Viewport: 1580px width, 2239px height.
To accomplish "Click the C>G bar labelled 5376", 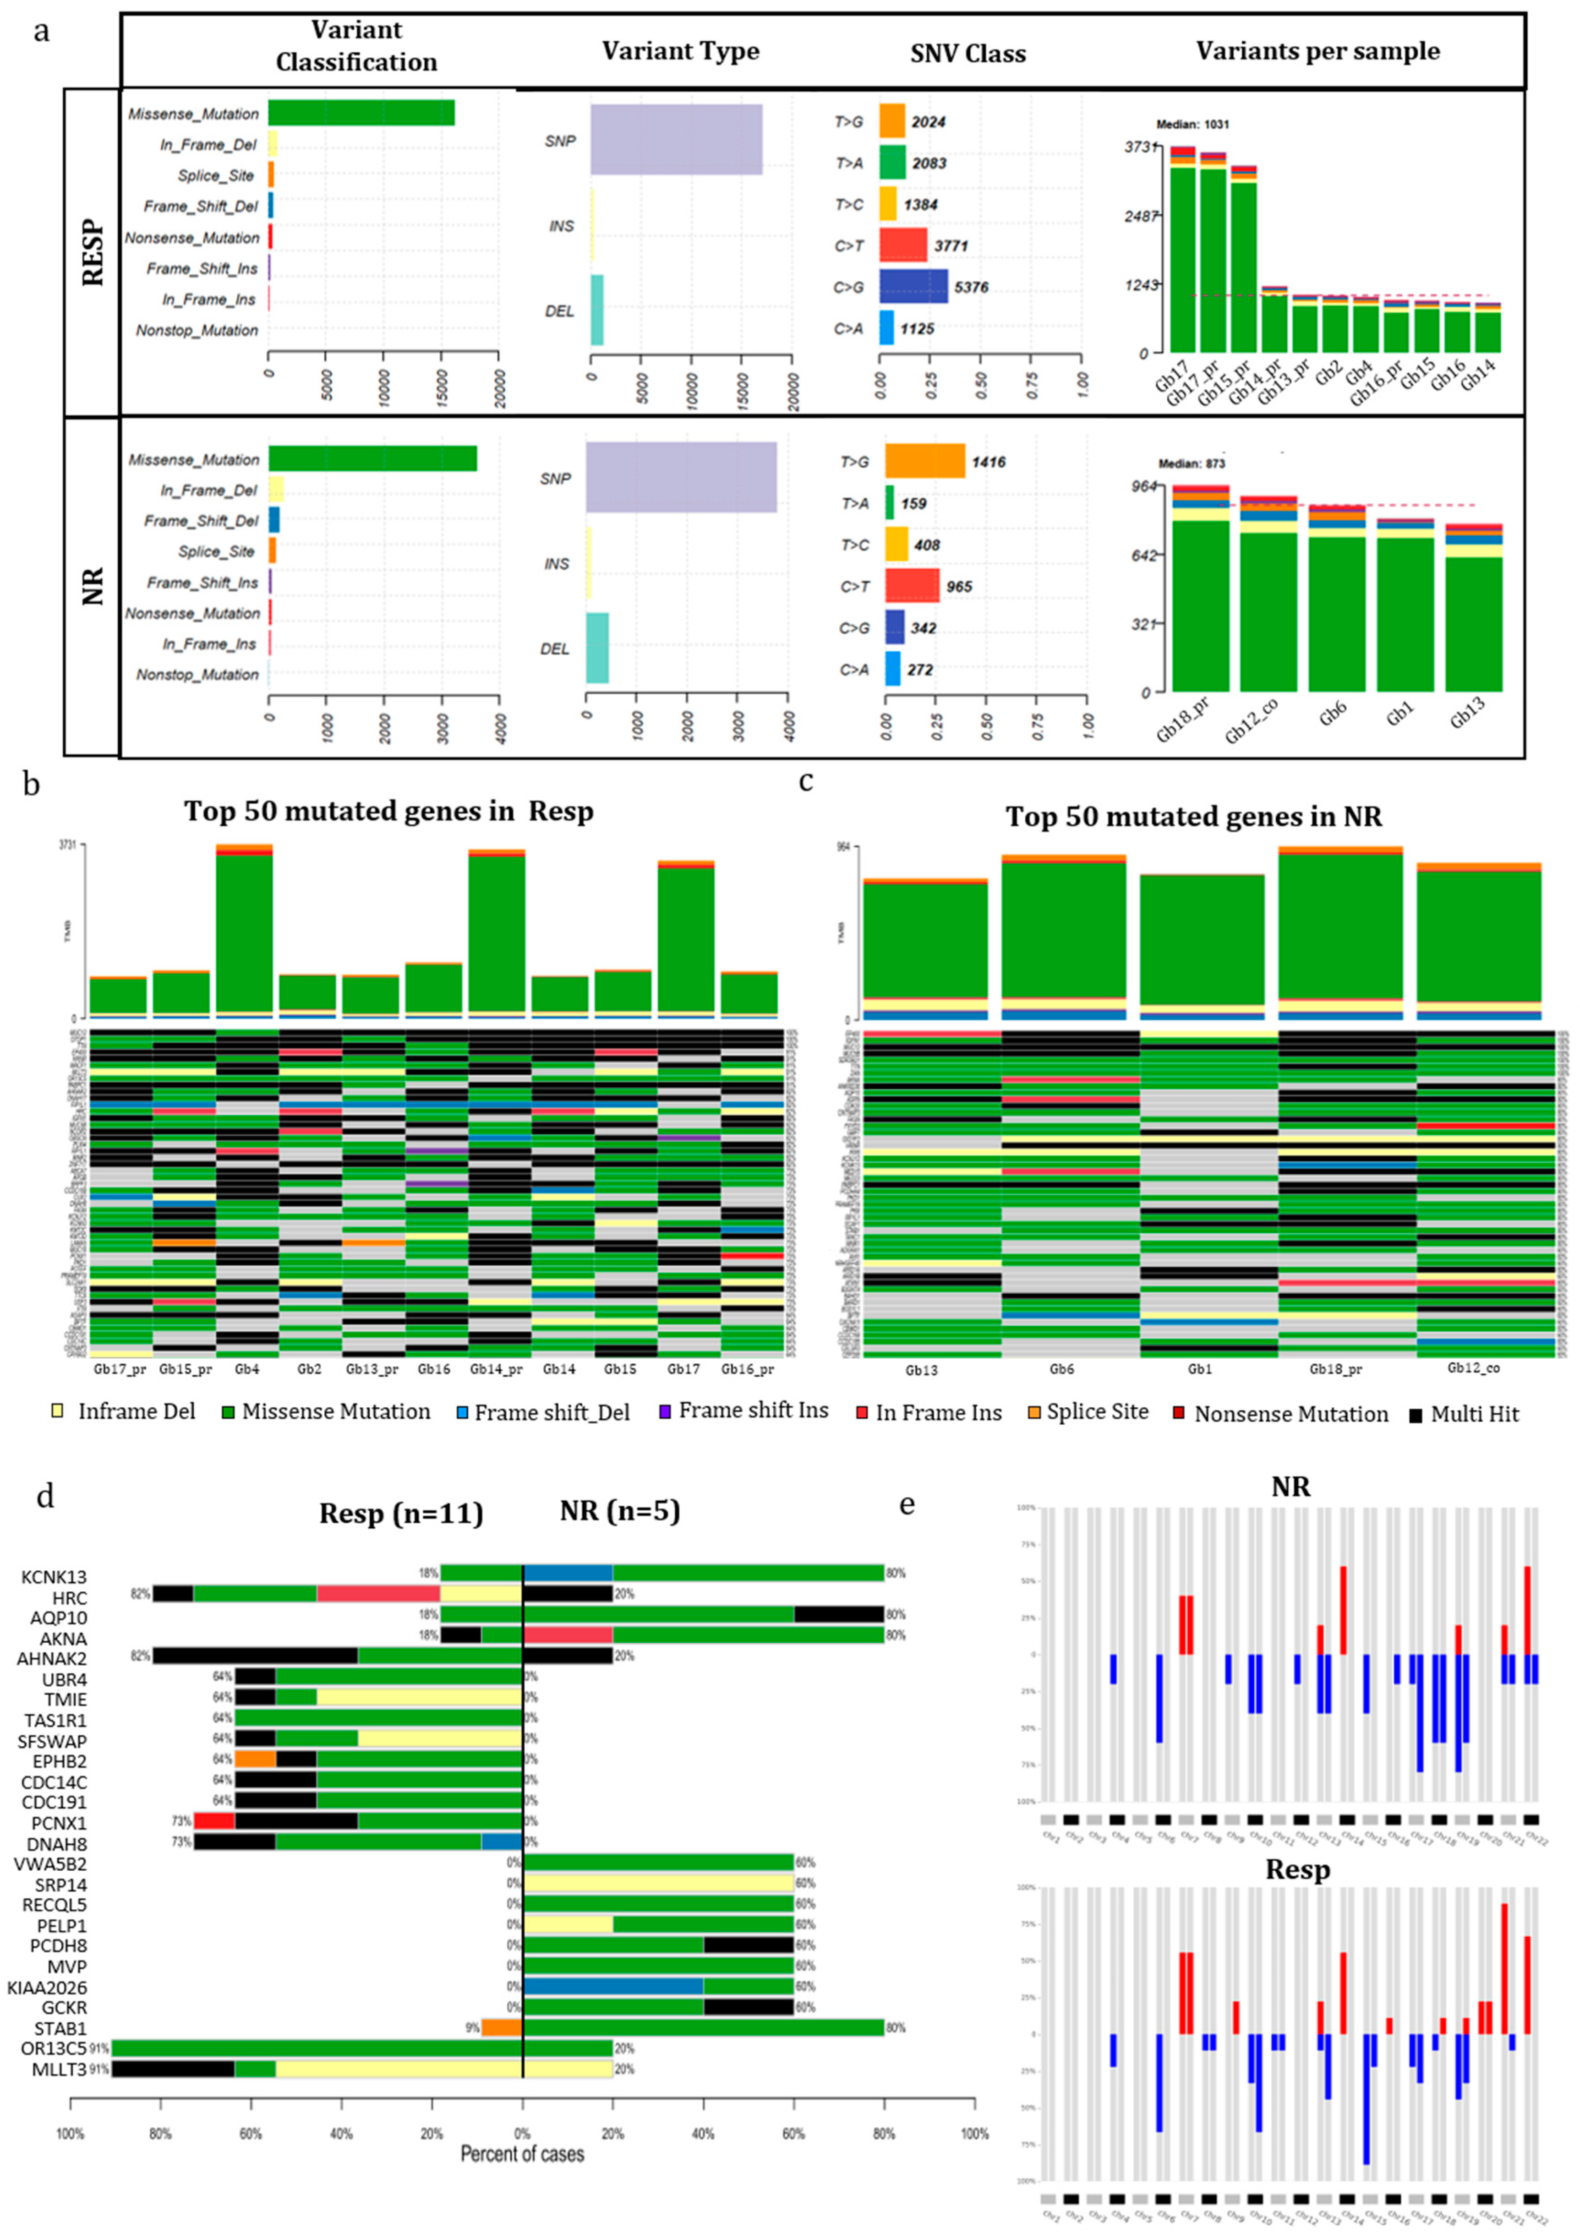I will [913, 287].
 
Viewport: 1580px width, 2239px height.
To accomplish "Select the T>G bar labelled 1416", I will [924, 461].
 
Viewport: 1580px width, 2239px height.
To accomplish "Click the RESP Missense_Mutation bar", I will [361, 113].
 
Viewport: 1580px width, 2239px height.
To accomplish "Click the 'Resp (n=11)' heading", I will [401, 1514].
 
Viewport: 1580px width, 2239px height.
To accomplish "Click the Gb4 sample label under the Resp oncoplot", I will [244, 1369].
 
